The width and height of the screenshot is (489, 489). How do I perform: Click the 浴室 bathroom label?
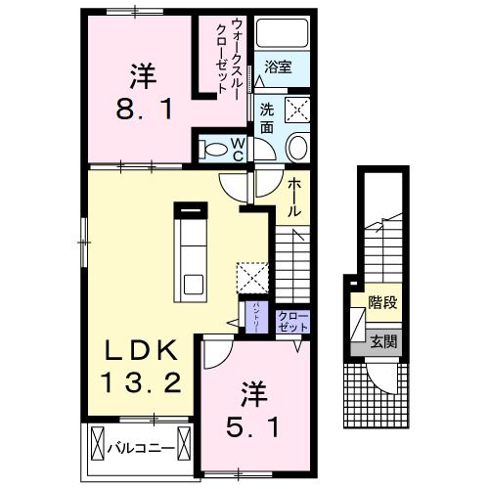(x=277, y=68)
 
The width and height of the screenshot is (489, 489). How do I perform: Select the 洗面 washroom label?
(x=267, y=115)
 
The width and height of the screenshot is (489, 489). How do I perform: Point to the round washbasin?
(x=296, y=149)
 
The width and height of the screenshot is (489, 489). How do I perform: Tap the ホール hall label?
(x=293, y=195)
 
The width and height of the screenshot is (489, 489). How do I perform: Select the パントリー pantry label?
(x=255, y=319)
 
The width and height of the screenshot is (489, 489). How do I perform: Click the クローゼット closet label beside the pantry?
(x=290, y=322)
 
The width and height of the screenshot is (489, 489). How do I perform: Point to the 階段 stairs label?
(x=382, y=302)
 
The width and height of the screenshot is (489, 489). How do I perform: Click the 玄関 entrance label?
(x=382, y=341)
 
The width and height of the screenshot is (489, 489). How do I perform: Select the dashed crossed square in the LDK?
(x=252, y=277)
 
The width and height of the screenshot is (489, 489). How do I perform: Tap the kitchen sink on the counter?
(x=193, y=286)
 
